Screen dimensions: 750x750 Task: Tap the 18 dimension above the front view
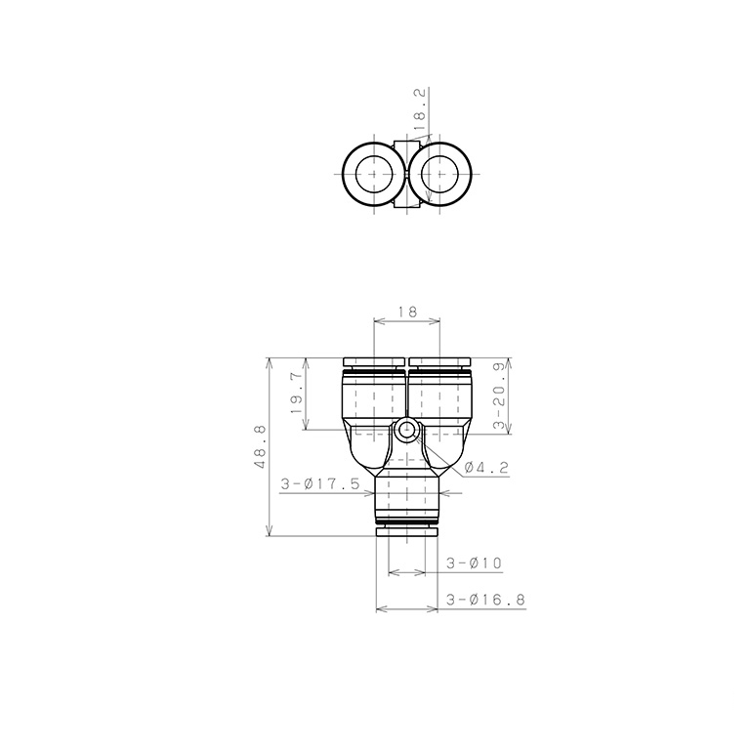pos(407,312)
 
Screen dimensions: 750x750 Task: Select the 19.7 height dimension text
pos(297,394)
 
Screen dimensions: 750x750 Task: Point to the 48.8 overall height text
pos(261,447)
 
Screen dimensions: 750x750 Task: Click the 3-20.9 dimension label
pos(500,395)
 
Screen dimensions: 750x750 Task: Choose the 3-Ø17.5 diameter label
pos(320,482)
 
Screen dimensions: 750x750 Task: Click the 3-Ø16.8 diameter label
pos(484,600)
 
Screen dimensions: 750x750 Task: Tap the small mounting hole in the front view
pos(407,429)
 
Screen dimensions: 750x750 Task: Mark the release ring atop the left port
pos(374,363)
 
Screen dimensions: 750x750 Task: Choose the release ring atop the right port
pos(439,363)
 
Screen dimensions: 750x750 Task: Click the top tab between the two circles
pos(406,147)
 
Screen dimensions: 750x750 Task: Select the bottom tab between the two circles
pos(406,203)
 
